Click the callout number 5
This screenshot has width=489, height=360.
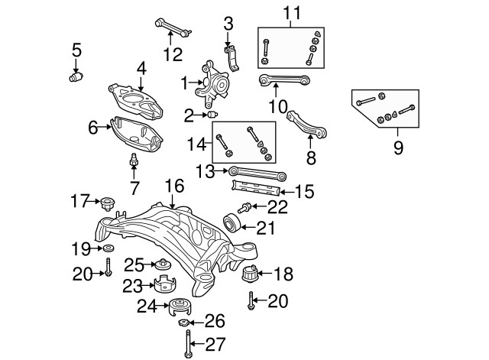coord(76,50)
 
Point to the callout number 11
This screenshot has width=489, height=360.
coord(291,13)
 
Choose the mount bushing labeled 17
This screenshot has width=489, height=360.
coord(109,203)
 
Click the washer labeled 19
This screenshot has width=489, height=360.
coord(108,248)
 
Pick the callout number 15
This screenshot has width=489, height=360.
coord(303,191)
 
